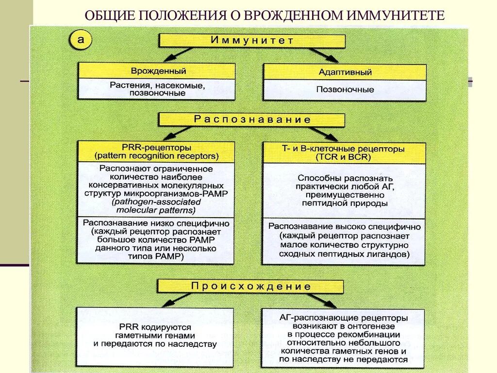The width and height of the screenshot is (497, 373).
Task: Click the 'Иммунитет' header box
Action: (252, 40)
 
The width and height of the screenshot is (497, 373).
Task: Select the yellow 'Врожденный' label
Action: (157, 71)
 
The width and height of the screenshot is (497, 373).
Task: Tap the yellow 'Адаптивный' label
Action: (345, 72)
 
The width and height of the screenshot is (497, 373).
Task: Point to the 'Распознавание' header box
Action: (252, 119)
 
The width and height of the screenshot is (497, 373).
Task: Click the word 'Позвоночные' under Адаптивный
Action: (345, 90)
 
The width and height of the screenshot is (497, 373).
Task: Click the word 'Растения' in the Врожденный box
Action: (125, 85)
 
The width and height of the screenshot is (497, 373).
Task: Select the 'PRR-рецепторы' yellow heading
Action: (157, 147)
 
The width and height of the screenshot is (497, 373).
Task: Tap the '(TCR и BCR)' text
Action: (343, 157)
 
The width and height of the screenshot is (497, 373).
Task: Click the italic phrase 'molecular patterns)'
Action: (156, 210)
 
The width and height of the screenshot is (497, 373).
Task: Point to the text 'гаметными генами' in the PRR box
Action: (155, 336)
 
